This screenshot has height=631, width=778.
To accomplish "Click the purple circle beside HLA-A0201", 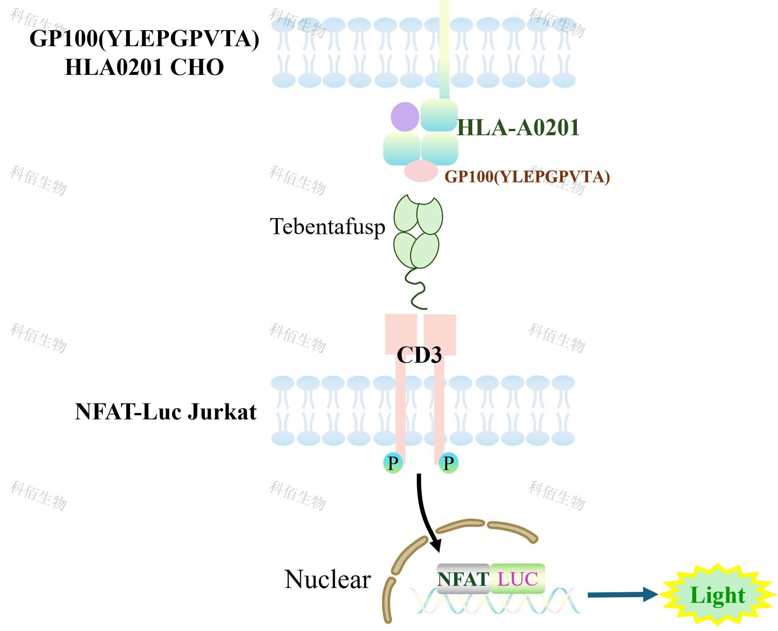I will (x=405, y=117).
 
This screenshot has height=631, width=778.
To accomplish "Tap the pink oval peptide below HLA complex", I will (x=421, y=171).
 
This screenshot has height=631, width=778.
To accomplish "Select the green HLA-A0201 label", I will (x=518, y=127).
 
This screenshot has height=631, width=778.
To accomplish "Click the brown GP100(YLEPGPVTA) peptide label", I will (x=527, y=177).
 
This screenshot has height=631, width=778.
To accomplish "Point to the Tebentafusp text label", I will (x=327, y=226).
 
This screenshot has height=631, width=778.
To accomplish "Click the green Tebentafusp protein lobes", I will (x=418, y=231).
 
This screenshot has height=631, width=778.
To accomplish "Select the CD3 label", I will (x=419, y=355).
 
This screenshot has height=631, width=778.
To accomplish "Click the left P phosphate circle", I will (x=393, y=463).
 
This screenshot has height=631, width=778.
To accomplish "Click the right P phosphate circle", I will (x=448, y=463).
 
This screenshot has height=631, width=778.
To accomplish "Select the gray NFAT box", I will (x=463, y=579).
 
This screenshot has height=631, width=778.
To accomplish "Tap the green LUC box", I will (x=518, y=579).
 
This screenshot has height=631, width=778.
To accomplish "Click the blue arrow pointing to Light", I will (x=622, y=594).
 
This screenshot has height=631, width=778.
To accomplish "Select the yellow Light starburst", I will (x=718, y=595).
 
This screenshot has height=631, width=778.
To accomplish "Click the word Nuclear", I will (x=327, y=580).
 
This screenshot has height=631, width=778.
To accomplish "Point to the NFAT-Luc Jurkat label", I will (x=166, y=412).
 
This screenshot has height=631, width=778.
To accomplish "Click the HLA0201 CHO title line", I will (x=145, y=67).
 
